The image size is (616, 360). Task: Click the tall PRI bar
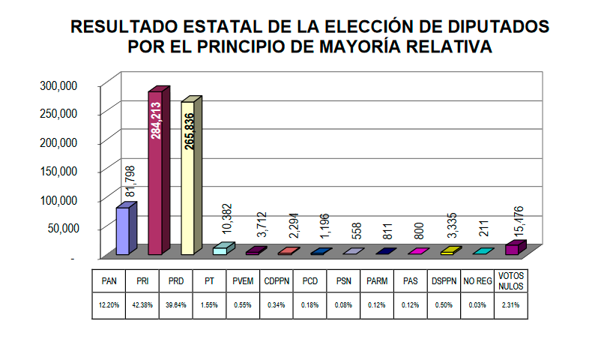pyautogui.click(x=155, y=172)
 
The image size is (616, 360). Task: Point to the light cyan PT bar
pyautogui.click(x=222, y=249)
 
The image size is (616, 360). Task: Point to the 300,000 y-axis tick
pyautogui.click(x=58, y=85)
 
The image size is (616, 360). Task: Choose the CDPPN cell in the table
pyautogui.click(x=277, y=283)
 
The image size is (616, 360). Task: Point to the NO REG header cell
pyautogui.click(x=477, y=283)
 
